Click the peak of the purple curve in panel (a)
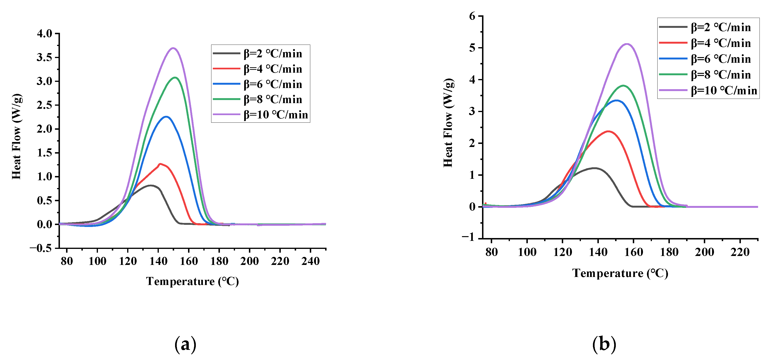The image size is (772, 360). coord(173,48)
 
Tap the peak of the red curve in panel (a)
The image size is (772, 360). coord(160,164)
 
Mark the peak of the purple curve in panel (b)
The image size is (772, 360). coord(627,44)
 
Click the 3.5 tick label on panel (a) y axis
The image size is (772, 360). coord(44,57)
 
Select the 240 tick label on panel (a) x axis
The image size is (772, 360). coord(310,261)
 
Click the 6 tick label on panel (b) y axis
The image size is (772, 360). coord(472,16)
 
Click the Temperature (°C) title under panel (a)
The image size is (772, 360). coord(192,281)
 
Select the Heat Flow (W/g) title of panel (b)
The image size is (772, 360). coord(448,123)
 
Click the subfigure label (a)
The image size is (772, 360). coord(185,344)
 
